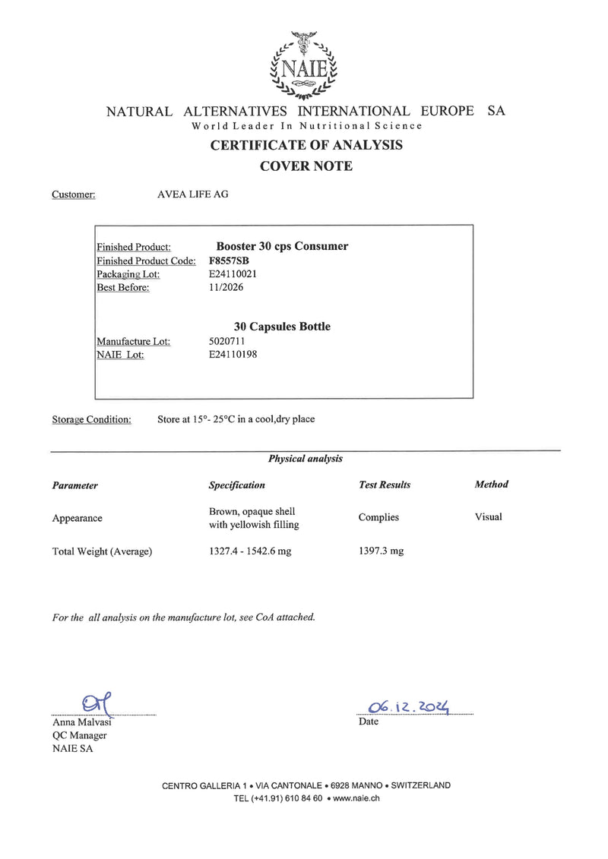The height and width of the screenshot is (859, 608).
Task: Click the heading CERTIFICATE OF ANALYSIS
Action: click(306, 145)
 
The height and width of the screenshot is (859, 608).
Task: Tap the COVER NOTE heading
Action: click(306, 166)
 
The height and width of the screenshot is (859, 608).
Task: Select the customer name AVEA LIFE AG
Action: click(192, 194)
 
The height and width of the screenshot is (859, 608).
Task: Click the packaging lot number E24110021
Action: click(233, 273)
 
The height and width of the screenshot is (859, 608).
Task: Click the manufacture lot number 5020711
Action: click(226, 341)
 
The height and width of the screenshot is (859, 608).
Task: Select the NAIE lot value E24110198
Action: click(233, 354)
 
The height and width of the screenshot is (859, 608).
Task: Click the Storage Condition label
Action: click(91, 419)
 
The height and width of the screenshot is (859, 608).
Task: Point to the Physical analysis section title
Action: click(306, 459)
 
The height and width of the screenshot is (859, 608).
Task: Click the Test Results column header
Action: click(385, 485)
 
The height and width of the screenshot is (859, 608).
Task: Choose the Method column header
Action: click(491, 485)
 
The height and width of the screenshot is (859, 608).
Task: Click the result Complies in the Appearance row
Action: click(378, 517)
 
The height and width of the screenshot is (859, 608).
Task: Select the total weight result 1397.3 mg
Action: click(381, 551)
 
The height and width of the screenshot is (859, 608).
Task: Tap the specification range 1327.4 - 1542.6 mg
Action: click(250, 551)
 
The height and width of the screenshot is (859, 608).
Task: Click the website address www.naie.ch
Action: click(356, 798)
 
